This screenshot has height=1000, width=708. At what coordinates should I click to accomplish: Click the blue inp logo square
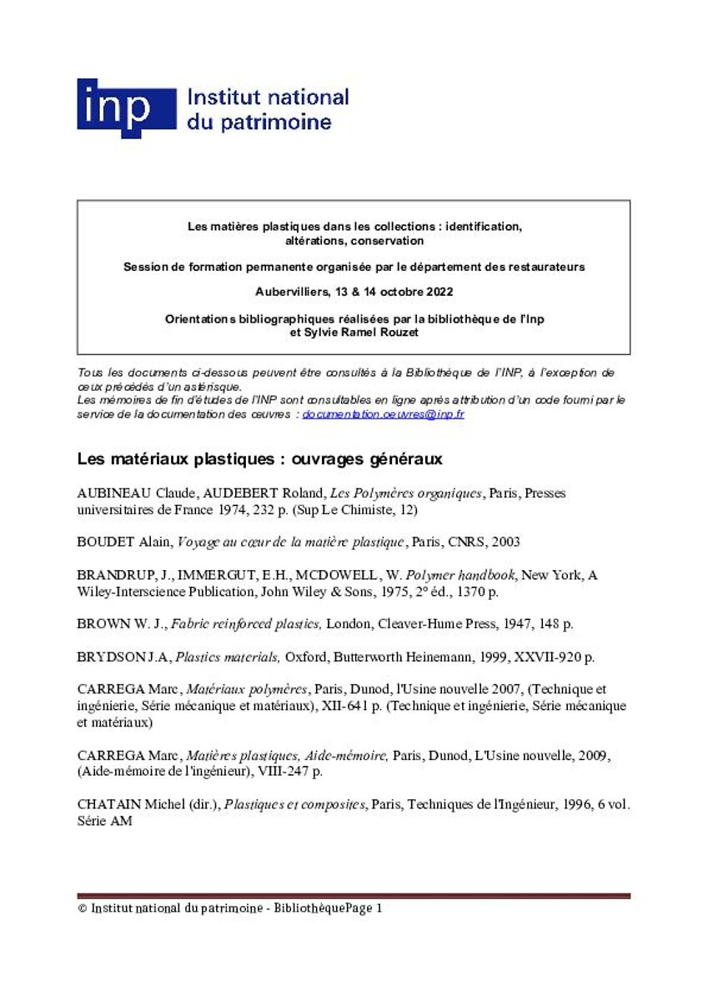(x=126, y=107)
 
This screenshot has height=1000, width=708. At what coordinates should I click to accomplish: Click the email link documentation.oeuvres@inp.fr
(x=383, y=414)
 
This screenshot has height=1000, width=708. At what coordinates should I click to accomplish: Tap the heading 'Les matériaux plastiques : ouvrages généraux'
(x=259, y=459)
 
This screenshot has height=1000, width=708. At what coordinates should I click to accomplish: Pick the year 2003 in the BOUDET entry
(x=505, y=542)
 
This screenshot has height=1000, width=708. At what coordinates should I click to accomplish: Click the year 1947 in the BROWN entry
(x=520, y=623)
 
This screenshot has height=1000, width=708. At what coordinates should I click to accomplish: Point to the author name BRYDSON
(x=114, y=657)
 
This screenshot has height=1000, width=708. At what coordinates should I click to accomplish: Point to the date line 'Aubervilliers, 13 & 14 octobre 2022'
(x=354, y=292)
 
